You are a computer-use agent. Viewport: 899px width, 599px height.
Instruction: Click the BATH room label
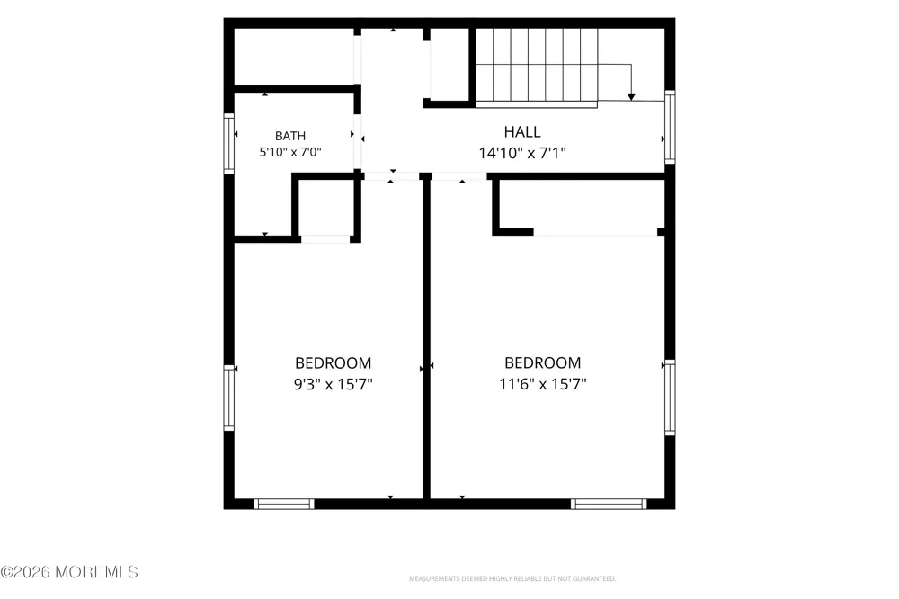pos(290,136)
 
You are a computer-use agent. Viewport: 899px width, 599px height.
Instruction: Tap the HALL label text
pos(521,132)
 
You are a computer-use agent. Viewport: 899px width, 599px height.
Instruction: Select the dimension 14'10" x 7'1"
pos(522,153)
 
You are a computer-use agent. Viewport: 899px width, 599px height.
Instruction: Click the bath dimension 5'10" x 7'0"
pos(290,152)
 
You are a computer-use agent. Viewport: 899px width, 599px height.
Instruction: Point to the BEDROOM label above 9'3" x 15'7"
pos(334,362)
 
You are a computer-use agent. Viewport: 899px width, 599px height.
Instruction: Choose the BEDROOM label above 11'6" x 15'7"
pos(542,362)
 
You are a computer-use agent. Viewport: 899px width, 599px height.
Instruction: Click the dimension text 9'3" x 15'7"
pos(334,384)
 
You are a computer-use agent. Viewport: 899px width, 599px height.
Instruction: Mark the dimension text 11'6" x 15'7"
pos(542,384)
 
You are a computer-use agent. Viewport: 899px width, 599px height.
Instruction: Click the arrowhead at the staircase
pos(631,97)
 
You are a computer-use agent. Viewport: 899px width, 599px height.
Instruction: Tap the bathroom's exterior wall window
pos(228,143)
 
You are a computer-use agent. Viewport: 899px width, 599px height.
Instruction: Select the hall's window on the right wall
pos(670,127)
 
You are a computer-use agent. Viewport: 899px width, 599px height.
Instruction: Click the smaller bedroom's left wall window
pos(228,398)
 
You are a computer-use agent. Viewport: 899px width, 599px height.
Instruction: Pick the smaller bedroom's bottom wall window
pos(284,504)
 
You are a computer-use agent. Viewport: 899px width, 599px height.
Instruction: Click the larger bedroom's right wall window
pos(670,398)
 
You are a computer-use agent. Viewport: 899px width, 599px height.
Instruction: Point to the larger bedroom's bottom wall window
pos(609,504)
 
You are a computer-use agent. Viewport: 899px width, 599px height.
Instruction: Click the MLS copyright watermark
pos(69,572)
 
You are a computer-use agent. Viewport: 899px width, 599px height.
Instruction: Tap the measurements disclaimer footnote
pos(512,578)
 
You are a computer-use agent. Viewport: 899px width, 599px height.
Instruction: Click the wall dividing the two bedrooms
pos(426,338)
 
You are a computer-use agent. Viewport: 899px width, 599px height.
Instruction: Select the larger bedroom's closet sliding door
pos(595,232)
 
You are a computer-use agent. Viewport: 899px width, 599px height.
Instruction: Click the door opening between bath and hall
pos(357,141)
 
